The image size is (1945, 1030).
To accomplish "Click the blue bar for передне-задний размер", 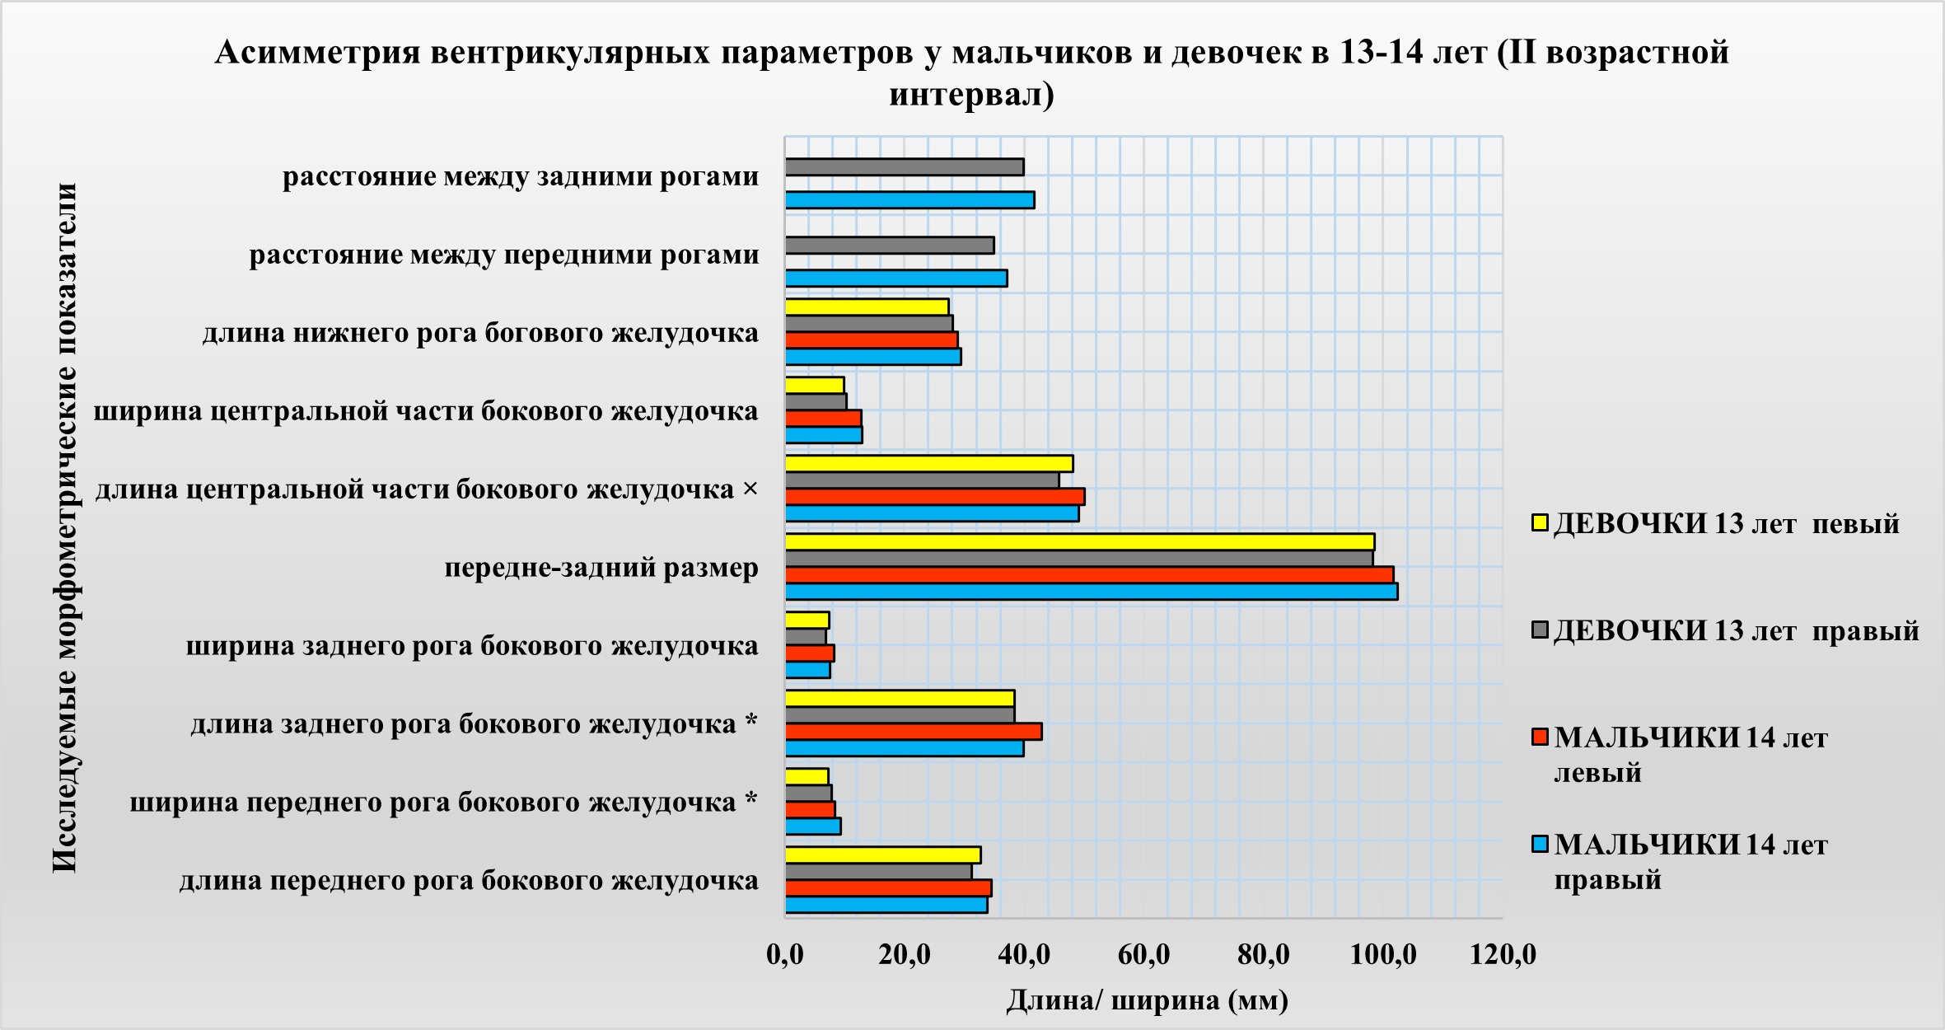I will coord(1091,592).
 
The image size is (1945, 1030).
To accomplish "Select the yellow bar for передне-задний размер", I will coord(1079,542).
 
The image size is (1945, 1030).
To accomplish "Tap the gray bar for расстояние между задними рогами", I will coord(904,167).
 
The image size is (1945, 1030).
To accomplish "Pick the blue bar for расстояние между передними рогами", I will coord(895,279).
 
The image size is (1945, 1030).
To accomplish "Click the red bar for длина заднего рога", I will coord(913,732).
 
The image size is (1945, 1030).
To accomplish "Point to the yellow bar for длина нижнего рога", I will coord(867,307).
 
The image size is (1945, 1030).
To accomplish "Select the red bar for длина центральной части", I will coord(934,497).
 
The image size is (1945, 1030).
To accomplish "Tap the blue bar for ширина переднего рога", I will coord(812,826).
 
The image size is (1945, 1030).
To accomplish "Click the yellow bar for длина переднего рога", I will coord(882,855).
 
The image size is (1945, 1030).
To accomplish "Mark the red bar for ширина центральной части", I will coord(823,419).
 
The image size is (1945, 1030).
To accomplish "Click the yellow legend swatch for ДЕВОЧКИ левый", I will coord(1540,523).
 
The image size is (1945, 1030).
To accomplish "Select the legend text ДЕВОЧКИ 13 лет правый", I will coord(1737,631).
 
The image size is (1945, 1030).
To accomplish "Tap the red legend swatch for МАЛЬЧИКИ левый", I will coord(1540,737).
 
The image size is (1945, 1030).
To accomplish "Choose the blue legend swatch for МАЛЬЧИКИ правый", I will coord(1540,844).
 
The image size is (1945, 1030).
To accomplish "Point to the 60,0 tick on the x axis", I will coord(1143,954).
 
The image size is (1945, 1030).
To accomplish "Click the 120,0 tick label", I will coord(1503,954).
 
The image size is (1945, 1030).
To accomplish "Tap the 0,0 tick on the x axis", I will coord(784,954).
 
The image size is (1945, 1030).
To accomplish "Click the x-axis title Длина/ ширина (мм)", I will coord(1147,1000).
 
